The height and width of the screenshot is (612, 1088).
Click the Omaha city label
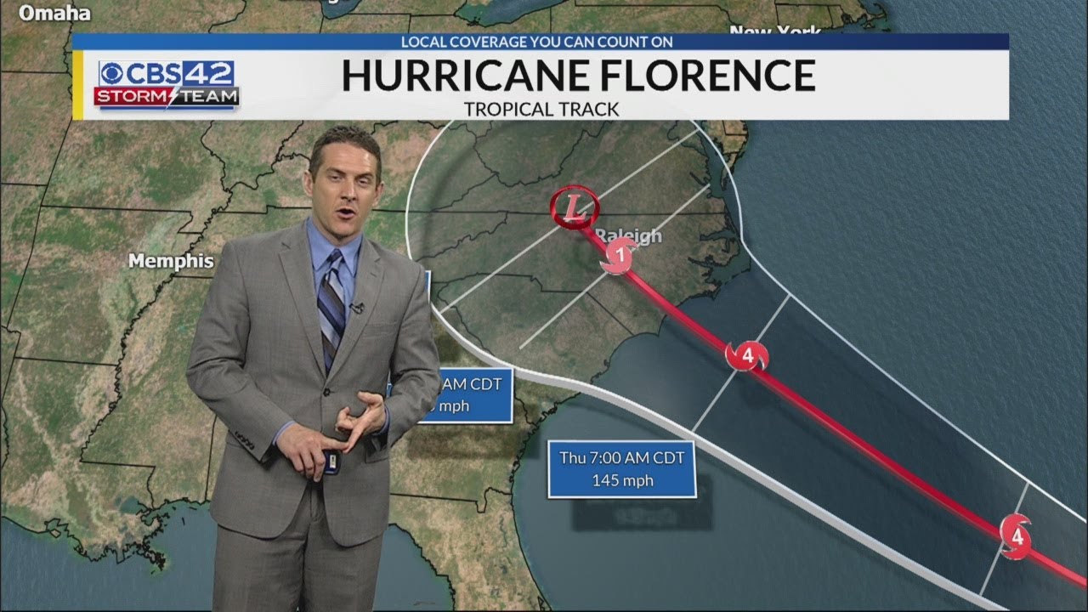[54, 13]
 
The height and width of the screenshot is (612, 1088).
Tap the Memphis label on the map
[170, 261]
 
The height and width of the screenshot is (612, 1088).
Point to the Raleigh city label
[629, 235]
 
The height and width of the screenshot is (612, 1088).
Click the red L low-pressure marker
[575, 207]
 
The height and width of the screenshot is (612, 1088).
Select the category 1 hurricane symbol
[620, 255]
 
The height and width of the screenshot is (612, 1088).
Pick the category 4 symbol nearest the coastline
[746, 355]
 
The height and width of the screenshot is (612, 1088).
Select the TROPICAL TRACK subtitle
[541, 109]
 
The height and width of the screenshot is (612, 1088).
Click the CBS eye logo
[113, 74]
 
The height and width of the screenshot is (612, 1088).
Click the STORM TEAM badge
[167, 97]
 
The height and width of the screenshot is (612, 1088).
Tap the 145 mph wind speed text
[622, 480]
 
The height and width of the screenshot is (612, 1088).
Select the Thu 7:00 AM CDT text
[621, 457]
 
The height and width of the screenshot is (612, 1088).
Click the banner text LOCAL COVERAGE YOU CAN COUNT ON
[537, 41]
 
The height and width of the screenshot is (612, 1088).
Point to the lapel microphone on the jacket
[357, 307]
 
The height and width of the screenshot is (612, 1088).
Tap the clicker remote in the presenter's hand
[332, 463]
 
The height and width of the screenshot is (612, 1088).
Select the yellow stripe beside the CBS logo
[77, 84]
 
